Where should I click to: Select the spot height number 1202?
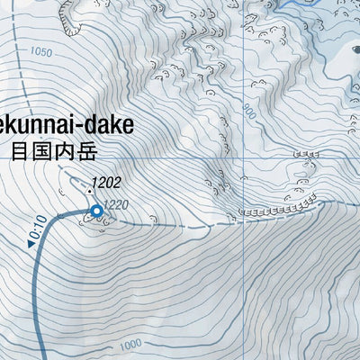[106, 181]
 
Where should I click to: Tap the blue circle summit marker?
[97, 211]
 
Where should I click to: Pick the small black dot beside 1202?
[90, 190]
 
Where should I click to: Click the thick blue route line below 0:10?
[36, 297]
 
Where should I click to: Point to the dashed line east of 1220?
[171, 221]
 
